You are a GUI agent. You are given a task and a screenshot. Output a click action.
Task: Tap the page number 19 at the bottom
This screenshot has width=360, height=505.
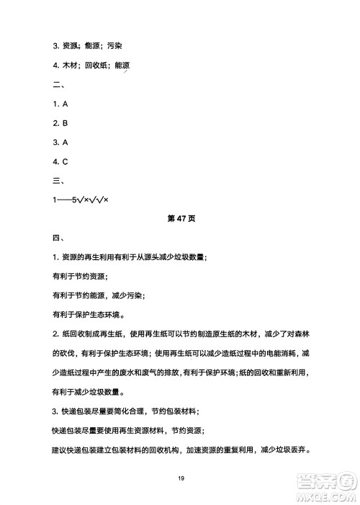point(179,477)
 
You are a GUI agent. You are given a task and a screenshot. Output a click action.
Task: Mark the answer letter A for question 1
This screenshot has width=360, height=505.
point(65,104)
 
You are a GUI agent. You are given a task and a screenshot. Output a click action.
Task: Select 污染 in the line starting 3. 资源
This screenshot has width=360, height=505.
point(114,47)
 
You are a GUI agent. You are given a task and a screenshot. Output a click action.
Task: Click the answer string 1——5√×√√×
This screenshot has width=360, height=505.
point(85,199)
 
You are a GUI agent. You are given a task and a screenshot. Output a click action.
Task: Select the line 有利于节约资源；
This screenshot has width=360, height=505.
point(79,275)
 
